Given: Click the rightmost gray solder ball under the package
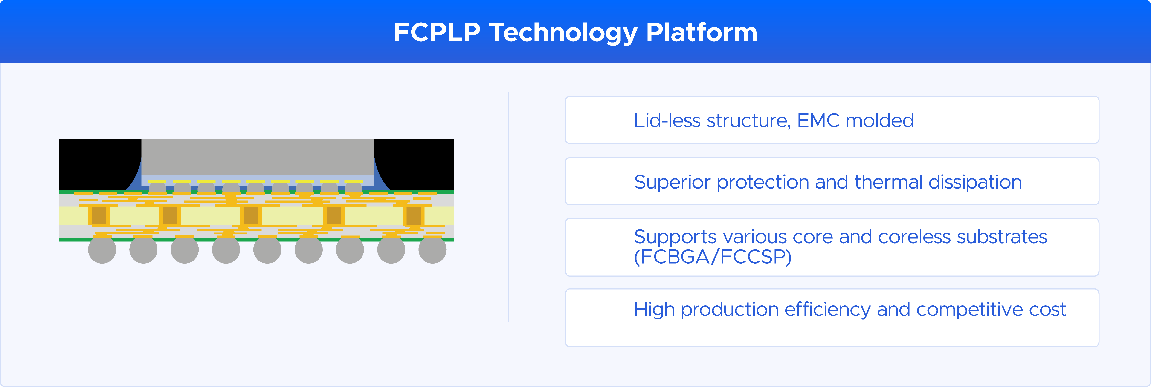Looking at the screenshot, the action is (x=432, y=250).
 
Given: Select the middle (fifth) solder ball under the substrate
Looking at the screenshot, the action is (x=267, y=250).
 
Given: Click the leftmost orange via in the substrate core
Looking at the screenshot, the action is (x=99, y=216).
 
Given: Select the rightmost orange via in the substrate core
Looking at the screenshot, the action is (x=414, y=216).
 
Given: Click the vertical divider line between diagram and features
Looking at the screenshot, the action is (x=508, y=207).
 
